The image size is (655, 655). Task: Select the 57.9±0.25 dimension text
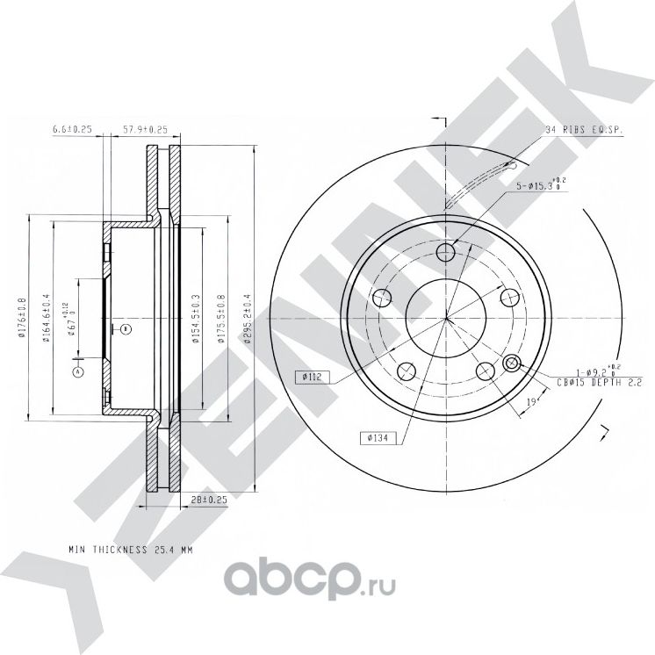[x=144, y=130]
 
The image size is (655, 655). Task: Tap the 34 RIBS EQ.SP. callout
[x=583, y=130]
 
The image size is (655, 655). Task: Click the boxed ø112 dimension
[x=313, y=377]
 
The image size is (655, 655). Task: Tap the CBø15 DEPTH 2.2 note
[x=601, y=383]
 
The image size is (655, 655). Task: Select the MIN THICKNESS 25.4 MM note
[x=130, y=550]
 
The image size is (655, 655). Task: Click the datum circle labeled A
[x=78, y=371]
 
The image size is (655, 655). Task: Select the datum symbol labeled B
[x=126, y=329]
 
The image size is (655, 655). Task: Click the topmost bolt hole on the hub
[x=446, y=254]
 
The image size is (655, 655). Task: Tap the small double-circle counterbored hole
[x=513, y=363]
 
